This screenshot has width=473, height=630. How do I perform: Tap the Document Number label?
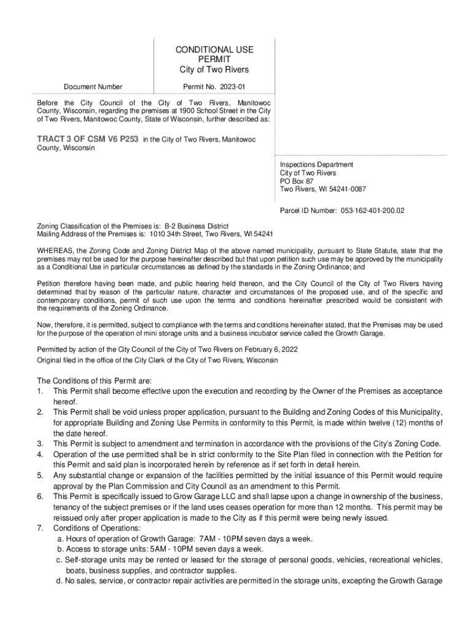pos(93,87)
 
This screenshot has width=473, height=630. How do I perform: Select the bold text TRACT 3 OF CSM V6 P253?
pos(88,140)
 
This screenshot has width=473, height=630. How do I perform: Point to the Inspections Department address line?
pos(316,165)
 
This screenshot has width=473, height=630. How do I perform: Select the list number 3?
pos(40,444)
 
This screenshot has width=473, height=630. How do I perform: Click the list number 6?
pos(40,496)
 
